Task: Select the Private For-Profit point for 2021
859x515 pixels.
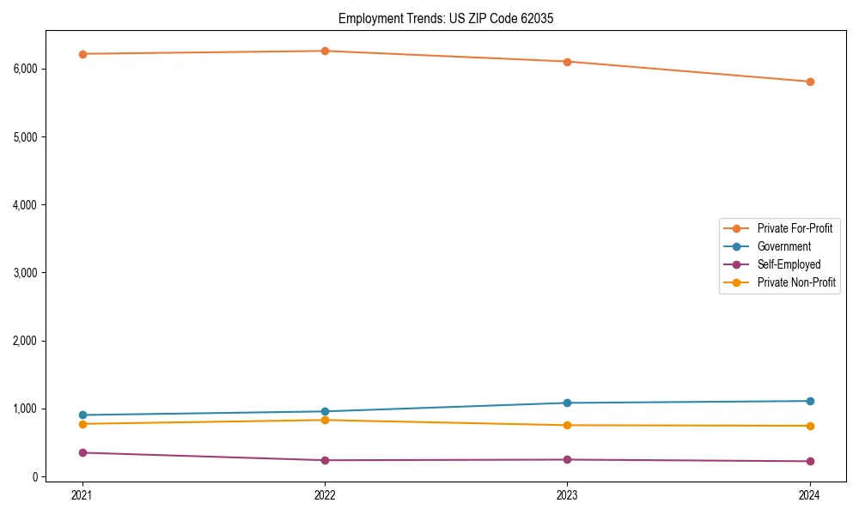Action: coord(82,54)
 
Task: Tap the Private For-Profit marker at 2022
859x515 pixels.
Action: coord(325,51)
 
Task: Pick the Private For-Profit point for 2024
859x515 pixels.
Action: coord(810,82)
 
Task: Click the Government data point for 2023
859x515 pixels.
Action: coord(568,403)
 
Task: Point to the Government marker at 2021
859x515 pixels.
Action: coord(82,415)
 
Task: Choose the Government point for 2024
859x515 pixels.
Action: coord(810,401)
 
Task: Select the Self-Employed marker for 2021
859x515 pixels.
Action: coord(82,452)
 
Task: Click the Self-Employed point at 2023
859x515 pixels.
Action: coord(568,459)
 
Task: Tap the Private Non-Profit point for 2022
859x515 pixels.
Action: coord(325,420)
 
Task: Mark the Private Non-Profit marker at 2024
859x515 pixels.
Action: coord(810,426)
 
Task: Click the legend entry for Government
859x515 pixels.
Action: coord(783,246)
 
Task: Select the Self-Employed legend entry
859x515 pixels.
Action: coord(789,264)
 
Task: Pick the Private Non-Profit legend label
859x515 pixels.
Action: coord(796,282)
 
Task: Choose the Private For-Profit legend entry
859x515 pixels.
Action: coord(795,228)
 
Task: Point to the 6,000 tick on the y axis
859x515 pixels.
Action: coord(26,69)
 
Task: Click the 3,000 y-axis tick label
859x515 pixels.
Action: coord(26,273)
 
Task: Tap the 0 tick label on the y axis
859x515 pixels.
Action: coord(35,477)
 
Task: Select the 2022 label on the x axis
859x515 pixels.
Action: coord(325,494)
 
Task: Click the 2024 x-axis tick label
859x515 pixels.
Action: coord(810,494)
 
